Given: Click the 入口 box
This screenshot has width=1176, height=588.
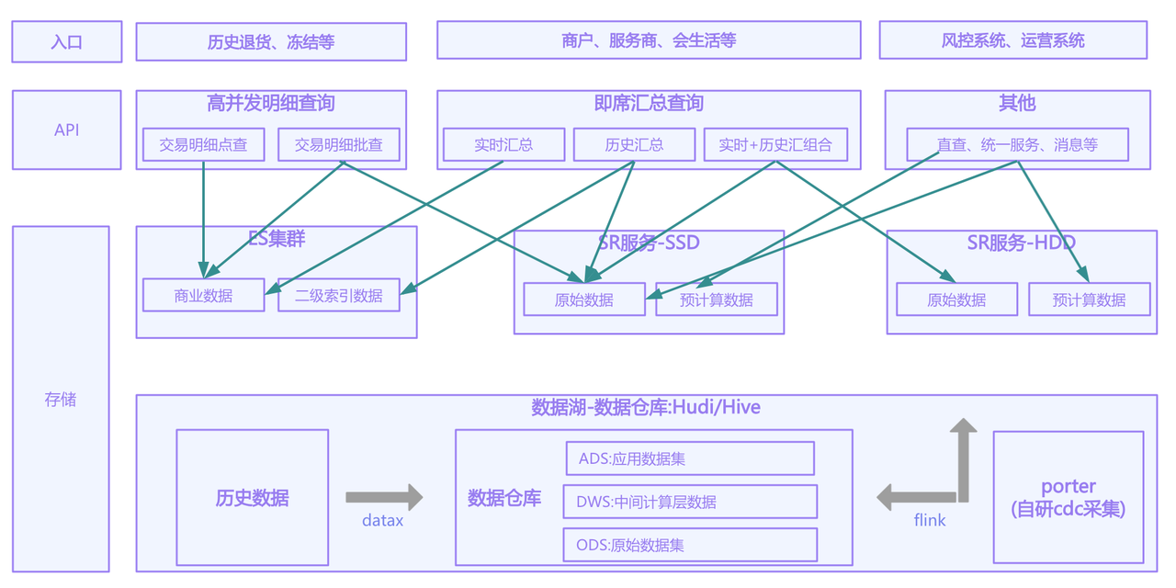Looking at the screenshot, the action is [67, 41].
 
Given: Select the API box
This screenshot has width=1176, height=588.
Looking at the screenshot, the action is [67, 130].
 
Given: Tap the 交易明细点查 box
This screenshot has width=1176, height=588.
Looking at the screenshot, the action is [204, 144].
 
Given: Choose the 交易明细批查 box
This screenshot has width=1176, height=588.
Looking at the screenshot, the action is [339, 144].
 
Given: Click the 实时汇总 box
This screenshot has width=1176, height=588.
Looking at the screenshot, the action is [504, 144].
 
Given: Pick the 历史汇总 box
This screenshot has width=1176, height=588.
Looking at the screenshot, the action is [634, 144].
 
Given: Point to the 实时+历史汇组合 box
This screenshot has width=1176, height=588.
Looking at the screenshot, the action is [775, 144].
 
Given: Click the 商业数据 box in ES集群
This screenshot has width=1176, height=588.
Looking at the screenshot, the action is [204, 295].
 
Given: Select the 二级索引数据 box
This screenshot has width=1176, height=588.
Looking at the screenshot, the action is [339, 295].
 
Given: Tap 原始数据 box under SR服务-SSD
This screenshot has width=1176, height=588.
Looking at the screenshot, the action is [584, 300].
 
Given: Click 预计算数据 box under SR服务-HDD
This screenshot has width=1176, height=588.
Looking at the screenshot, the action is [1090, 300].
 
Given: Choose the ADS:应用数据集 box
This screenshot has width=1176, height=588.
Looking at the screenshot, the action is [690, 458].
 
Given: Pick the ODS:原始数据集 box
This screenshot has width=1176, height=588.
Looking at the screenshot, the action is [690, 545].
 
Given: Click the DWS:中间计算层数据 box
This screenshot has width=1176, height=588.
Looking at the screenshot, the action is [690, 502].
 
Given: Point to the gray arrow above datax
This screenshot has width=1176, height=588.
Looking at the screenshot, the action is [384, 497].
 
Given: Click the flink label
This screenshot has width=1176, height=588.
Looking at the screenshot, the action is [929, 520].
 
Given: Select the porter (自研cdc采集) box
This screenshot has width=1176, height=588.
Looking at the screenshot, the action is [1069, 497].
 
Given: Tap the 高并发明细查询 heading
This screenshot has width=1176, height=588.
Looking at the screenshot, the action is [271, 103].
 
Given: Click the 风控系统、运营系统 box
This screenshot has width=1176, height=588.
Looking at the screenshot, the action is [1013, 40].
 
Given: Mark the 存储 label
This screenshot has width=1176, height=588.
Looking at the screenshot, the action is [61, 400].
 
